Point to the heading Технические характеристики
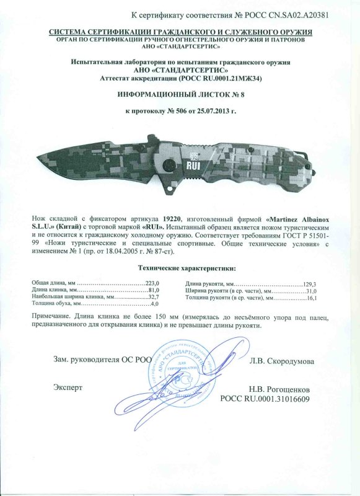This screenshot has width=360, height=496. coord(180,268)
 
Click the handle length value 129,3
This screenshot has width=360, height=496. coord(309,282)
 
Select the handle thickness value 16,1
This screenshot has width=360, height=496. coord(311,298)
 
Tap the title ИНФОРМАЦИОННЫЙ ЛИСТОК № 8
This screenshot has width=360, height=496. coord(180,95)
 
